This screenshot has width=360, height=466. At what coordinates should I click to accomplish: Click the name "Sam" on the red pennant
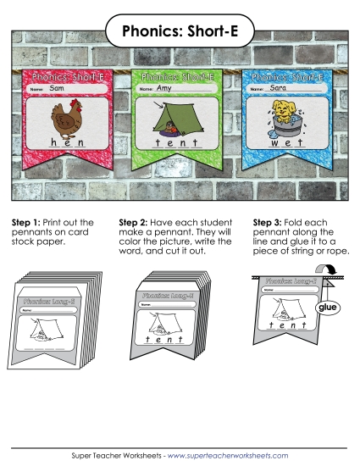[57, 87]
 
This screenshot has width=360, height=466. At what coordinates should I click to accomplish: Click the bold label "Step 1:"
[26, 223]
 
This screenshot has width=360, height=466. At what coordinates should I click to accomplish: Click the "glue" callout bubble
[326, 309]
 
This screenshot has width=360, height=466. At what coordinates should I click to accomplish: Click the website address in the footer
[229, 455]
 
